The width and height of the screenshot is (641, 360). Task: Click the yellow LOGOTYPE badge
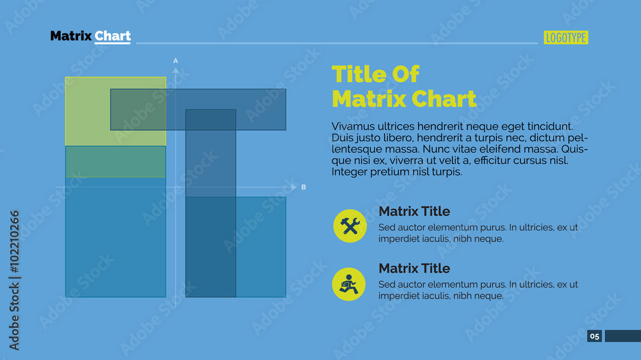[566, 38]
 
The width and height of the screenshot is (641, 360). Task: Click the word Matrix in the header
[71, 36]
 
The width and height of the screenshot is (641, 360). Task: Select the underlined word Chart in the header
[113, 36]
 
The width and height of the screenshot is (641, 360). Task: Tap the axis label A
[176, 61]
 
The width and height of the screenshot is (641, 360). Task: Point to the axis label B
[304, 187]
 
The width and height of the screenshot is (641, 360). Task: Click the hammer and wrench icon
[350, 226]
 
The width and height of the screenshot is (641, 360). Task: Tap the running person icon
[349, 284]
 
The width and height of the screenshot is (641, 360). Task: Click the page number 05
[594, 336]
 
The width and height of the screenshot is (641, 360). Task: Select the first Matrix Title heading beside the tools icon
[414, 211]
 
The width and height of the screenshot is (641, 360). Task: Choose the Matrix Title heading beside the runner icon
[414, 268]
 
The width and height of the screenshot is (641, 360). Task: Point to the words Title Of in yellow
[375, 75]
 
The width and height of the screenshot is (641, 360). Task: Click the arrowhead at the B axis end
[294, 187]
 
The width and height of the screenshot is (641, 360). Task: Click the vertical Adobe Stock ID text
[14, 280]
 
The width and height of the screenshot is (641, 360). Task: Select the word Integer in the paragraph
[350, 172]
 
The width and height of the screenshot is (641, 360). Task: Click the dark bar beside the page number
[622, 336]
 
